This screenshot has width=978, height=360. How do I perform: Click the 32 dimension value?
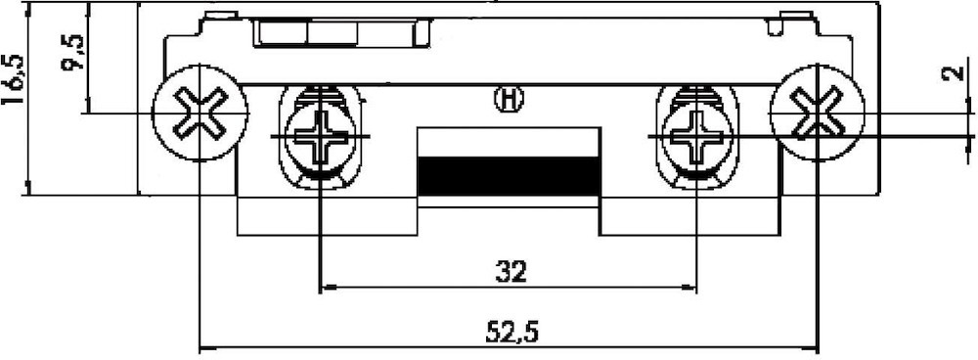tap(511, 272)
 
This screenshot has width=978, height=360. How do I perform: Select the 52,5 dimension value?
tap(511, 333)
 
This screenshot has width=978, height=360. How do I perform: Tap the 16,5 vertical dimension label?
tap(13, 80)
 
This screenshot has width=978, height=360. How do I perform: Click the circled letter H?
tap(509, 100)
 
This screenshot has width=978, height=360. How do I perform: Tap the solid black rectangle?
tap(509, 176)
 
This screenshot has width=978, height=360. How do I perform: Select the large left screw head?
tap(200, 112)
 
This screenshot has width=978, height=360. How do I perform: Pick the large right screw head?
tap(818, 112)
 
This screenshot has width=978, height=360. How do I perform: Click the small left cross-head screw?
tap(320, 136)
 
